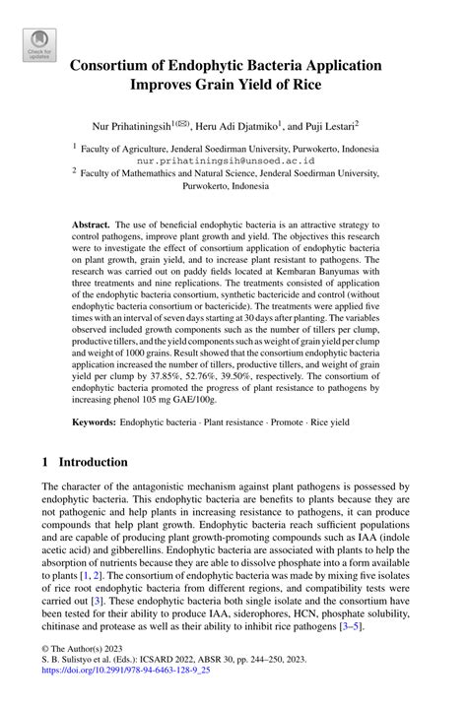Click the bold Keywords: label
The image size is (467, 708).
coord(94,421)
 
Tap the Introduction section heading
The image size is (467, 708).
coord(93,461)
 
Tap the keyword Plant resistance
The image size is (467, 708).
coord(233,421)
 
